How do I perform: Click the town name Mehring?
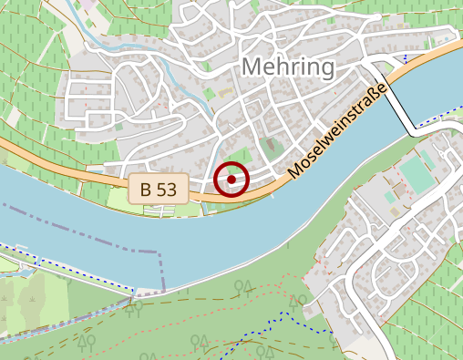click(x=288, y=67)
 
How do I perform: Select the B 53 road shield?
click(x=159, y=190)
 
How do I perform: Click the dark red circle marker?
click(x=232, y=180)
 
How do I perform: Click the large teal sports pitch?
click(x=418, y=173)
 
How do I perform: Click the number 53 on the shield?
click(x=169, y=190)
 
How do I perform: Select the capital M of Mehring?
click(x=253, y=67)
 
